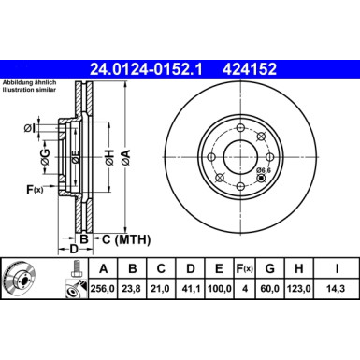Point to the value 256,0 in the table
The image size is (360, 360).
click(x=102, y=291)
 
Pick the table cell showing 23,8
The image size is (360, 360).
click(x=133, y=291)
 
